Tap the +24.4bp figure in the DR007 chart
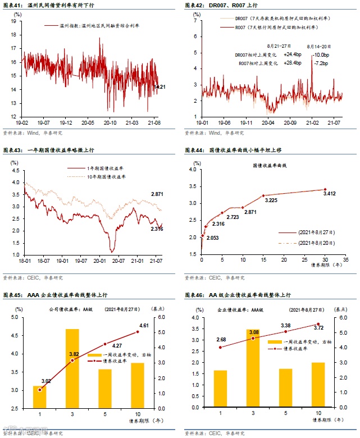(293, 54)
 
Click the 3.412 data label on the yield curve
(330, 194)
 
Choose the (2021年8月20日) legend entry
(308, 243)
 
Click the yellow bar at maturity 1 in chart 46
(220, 389)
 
